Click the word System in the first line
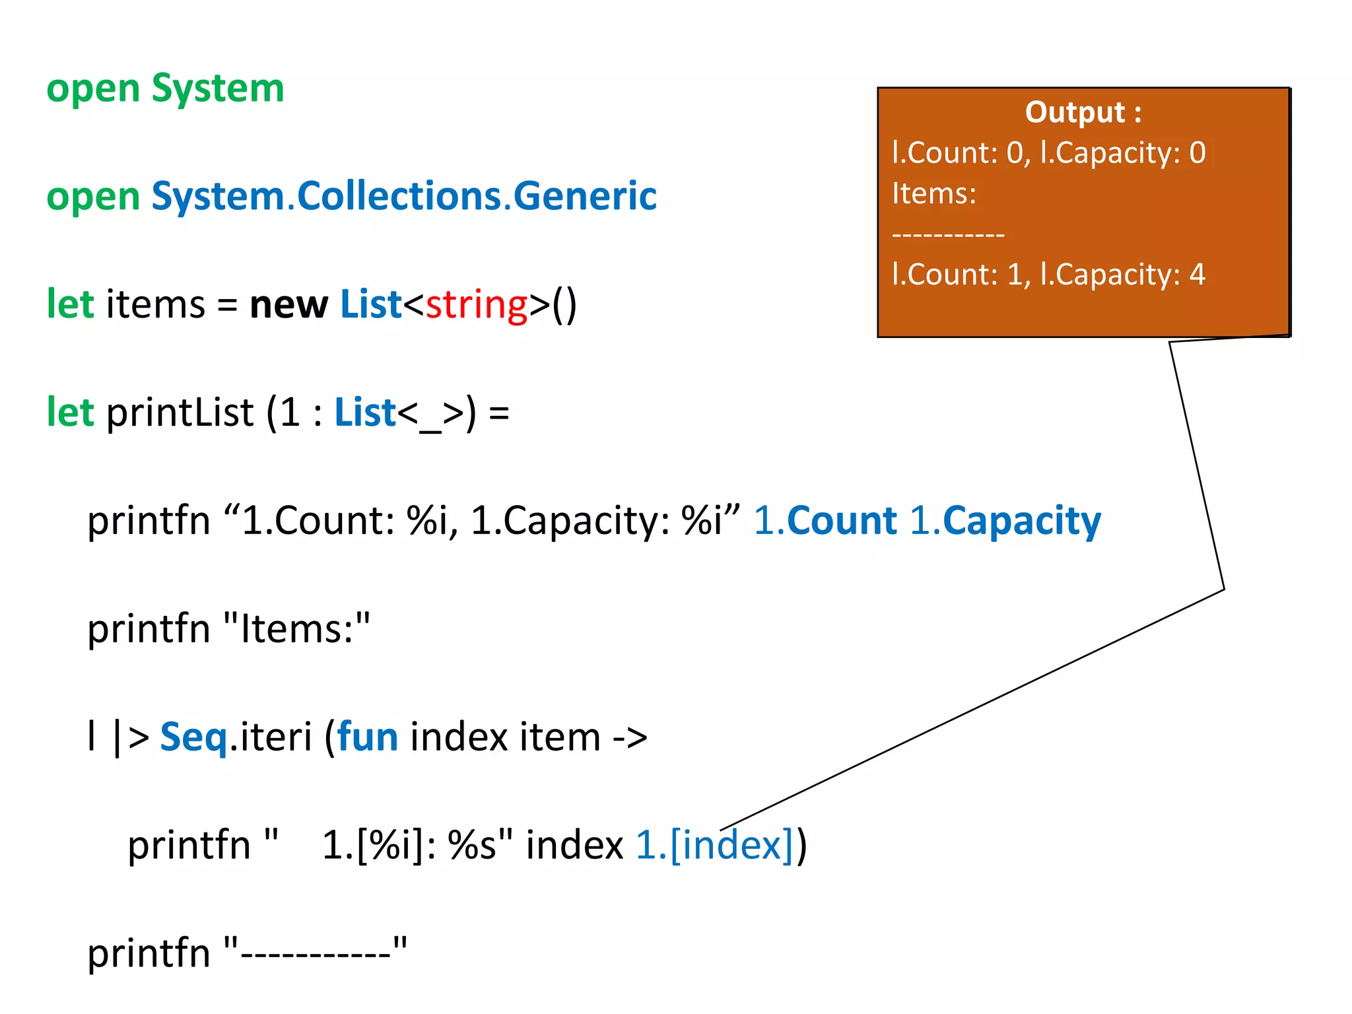[x=218, y=88]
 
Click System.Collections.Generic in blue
[x=404, y=197]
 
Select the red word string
[x=477, y=305]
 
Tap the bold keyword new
[x=288, y=305]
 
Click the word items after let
[x=156, y=305]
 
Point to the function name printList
[x=180, y=413]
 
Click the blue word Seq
[x=193, y=737]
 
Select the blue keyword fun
[x=367, y=737]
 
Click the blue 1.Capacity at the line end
[x=1005, y=522]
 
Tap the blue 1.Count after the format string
[x=825, y=522]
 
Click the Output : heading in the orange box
[x=1083, y=112]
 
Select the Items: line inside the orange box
[x=933, y=194]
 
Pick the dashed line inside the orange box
[x=948, y=234]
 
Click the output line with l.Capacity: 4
[x=1048, y=275]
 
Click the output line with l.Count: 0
[x=1048, y=153]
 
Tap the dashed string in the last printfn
[x=316, y=953]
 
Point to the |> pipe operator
[x=131, y=737]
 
